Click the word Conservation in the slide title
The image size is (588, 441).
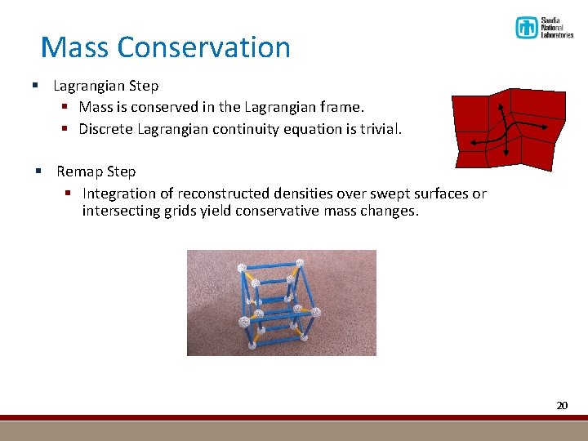point(203,47)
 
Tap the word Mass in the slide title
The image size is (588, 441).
point(75,47)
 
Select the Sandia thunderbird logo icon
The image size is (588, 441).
point(526,28)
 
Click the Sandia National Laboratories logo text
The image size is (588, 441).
point(557,29)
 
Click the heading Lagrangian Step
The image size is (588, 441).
point(106,86)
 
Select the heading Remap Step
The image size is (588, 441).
point(96,171)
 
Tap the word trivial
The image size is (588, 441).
point(380,129)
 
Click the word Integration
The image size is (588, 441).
point(122,194)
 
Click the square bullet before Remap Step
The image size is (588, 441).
point(38,171)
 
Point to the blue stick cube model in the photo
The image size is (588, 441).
point(278,304)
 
